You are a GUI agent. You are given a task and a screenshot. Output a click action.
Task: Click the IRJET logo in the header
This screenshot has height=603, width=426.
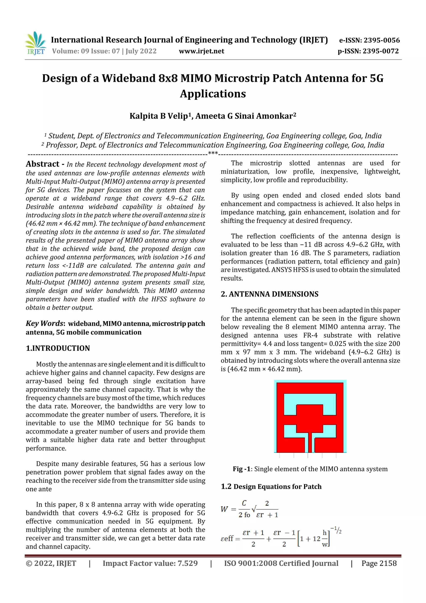click(x=36, y=43)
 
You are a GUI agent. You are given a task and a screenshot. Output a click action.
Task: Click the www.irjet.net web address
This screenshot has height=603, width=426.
click(x=201, y=51)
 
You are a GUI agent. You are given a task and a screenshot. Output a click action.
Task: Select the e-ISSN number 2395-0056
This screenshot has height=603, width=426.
click(x=381, y=40)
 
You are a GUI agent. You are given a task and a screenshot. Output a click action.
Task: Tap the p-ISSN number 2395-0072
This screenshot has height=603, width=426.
click(x=381, y=51)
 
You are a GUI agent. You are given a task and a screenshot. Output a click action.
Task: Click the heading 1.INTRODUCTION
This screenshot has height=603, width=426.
click(x=58, y=348)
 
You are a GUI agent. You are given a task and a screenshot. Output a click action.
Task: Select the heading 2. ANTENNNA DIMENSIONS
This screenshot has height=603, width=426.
click(x=269, y=294)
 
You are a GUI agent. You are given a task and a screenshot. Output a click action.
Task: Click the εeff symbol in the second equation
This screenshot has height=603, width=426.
click(x=227, y=538)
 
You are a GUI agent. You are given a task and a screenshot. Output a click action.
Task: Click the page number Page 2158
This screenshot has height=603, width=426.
click(x=379, y=563)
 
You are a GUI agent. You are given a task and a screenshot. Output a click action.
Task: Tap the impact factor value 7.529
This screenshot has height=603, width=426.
click(x=187, y=563)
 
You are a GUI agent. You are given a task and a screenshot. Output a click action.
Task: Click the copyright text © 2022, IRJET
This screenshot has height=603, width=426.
click(x=51, y=563)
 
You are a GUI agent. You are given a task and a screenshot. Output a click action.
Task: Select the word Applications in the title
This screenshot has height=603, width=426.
click(x=213, y=93)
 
